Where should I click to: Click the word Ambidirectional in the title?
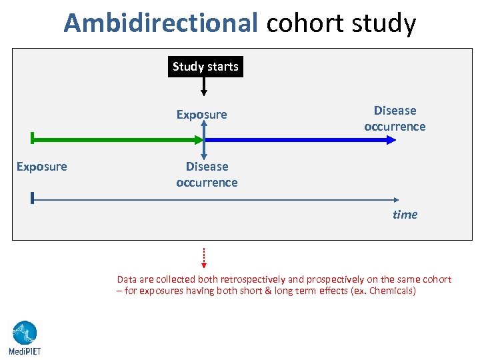pyautogui.click(x=160, y=23)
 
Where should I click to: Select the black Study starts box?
pyautogui.click(x=205, y=67)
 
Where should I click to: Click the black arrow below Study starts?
pyautogui.click(x=205, y=86)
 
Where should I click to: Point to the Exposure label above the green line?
pyautogui.click(x=201, y=115)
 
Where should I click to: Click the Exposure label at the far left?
pyautogui.click(x=41, y=167)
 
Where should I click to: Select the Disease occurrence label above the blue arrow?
pyautogui.click(x=395, y=119)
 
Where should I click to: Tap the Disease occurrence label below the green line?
pyautogui.click(x=207, y=175)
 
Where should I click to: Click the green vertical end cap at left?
pyautogui.click(x=32, y=139)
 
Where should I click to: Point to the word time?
pyautogui.click(x=405, y=215)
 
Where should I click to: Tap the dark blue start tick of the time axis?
pyautogui.click(x=32, y=198)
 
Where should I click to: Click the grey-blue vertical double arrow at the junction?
pyautogui.click(x=205, y=140)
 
